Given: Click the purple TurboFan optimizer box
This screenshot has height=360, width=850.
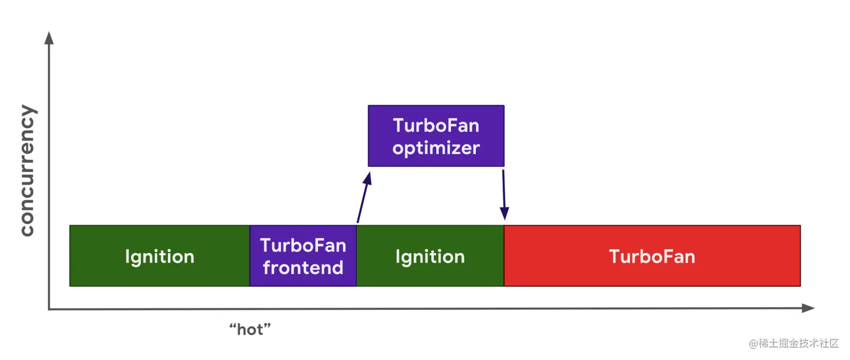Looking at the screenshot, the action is click(436, 136).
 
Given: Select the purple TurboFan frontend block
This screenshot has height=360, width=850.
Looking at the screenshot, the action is click(303, 255).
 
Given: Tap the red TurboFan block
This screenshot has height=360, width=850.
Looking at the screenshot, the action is click(652, 255).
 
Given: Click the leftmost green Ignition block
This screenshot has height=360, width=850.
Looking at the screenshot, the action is click(160, 255).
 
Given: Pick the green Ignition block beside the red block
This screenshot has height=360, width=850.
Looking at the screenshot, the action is click(430, 255).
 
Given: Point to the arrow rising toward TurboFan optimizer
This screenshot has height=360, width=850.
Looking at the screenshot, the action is click(364, 197).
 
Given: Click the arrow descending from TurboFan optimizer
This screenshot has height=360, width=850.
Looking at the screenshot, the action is click(504, 195).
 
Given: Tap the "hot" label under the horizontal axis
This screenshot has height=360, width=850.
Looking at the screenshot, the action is click(250, 329).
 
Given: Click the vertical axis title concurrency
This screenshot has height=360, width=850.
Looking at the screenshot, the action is click(28, 170).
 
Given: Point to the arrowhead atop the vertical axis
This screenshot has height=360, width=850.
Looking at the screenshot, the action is click(49, 38).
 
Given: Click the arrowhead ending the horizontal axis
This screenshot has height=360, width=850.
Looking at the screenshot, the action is click(808, 308).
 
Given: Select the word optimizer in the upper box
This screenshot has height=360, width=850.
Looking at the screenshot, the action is click(436, 148).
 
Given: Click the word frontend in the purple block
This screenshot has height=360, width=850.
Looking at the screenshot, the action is click(303, 267).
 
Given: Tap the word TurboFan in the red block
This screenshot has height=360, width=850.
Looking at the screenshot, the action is click(652, 256).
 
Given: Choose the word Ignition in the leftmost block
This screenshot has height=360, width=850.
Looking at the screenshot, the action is click(160, 257).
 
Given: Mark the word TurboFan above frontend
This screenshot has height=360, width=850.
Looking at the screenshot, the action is click(303, 245).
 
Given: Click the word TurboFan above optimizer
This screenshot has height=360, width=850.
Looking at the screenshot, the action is click(436, 125).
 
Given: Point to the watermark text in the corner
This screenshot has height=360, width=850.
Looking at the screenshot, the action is click(793, 343).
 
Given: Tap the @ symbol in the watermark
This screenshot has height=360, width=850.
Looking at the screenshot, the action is click(753, 344).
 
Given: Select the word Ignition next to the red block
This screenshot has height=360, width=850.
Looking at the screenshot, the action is click(430, 257).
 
